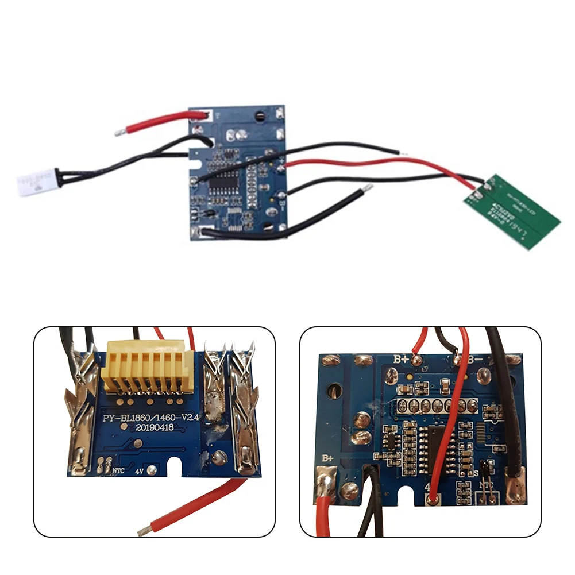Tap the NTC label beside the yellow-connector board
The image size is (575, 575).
[x=118, y=470]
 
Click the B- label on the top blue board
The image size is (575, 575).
[x=283, y=202]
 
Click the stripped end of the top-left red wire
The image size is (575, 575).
[x=118, y=132]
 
